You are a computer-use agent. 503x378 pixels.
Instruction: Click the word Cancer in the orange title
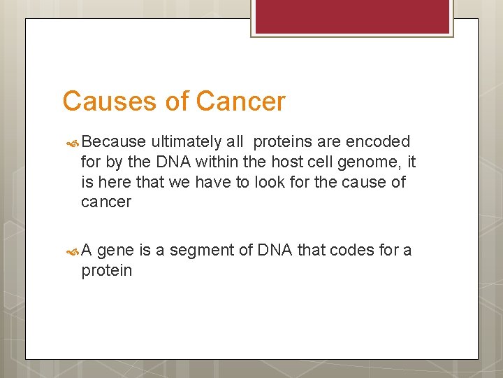click(x=241, y=101)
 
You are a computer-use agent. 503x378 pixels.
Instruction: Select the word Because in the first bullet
click(x=113, y=142)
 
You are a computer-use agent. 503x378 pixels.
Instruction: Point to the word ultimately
click(x=184, y=142)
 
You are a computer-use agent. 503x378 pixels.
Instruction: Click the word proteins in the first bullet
click(x=282, y=142)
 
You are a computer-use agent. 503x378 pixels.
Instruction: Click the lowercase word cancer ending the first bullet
click(x=106, y=202)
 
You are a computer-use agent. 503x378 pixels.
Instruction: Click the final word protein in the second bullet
click(x=106, y=271)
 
